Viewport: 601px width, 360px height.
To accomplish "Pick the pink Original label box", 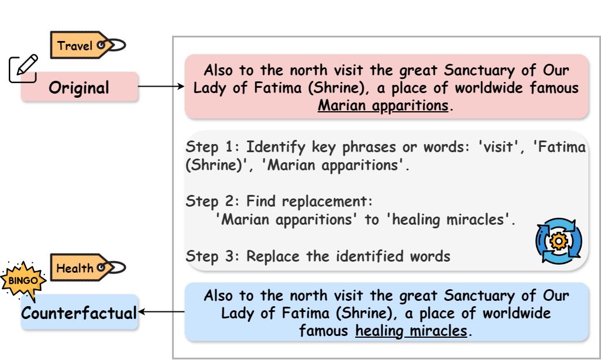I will click(x=80, y=88).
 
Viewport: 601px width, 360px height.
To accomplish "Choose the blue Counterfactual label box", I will click(x=79, y=313).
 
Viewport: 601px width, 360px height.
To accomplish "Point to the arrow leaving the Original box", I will click(x=161, y=87).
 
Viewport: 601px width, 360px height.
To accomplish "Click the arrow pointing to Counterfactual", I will click(x=161, y=313).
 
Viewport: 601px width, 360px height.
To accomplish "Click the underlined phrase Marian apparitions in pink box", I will click(x=383, y=106).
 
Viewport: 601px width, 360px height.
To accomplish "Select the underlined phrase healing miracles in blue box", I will click(x=411, y=331).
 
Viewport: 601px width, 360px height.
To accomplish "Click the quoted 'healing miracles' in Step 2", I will click(x=448, y=220).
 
